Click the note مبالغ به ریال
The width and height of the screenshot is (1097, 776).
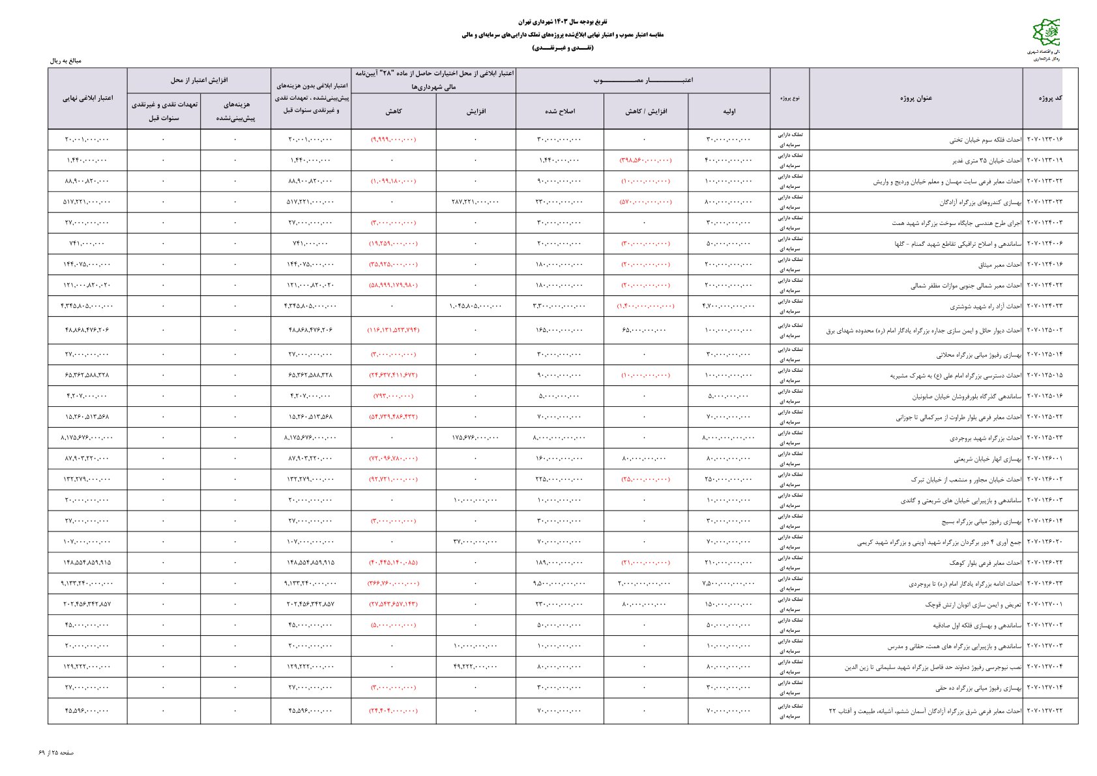point(66,61)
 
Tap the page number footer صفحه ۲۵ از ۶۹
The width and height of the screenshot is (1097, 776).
point(57,753)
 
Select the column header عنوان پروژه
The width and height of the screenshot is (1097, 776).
point(916,98)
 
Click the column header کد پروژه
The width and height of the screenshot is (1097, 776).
point(1050,98)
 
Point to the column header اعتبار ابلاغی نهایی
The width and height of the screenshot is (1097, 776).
point(87,98)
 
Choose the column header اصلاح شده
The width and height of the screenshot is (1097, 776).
point(560,111)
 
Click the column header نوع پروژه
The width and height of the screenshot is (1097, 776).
point(789,98)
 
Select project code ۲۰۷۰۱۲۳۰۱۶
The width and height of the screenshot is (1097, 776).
point(1045,140)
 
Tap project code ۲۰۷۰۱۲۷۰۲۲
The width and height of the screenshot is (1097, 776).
point(1045,711)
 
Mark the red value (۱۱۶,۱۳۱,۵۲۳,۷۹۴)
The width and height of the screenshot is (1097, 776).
point(393,330)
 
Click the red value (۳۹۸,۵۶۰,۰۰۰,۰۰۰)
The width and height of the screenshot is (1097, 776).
point(645,160)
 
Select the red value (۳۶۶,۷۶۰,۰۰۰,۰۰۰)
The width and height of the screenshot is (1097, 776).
point(393,584)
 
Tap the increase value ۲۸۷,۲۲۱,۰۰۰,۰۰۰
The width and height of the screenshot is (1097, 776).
point(475,202)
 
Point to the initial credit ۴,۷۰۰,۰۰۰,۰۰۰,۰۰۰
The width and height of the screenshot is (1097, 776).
point(729,306)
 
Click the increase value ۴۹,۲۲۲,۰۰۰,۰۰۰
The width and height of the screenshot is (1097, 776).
point(475,667)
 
